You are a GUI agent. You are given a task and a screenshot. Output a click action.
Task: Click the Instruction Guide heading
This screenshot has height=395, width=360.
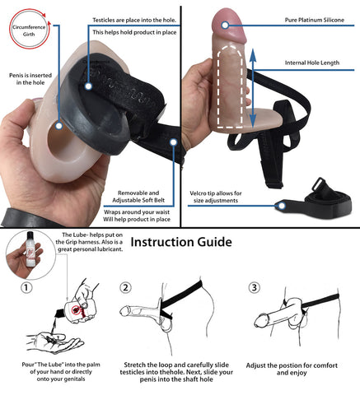coord(181,242)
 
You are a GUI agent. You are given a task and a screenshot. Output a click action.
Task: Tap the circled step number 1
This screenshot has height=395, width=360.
coord(26,288)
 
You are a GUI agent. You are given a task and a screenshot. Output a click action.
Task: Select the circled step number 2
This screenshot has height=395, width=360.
coord(125,288)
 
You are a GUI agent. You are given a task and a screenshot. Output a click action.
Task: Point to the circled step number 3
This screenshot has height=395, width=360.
coord(255,288)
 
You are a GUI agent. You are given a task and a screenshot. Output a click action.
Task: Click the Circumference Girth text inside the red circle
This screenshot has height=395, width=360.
coord(29,30)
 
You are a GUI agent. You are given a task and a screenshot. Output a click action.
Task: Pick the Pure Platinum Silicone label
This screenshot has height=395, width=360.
coord(315,20)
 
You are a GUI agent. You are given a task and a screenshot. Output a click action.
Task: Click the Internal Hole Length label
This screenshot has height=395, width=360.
coord(312,63)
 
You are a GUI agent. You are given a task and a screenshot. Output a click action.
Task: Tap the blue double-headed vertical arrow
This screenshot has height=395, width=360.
coord(253,88)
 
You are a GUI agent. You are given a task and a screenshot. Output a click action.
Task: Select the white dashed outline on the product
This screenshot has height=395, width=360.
coord(230,86)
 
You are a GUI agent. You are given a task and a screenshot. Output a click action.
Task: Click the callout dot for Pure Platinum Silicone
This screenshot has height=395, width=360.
coord(225,26)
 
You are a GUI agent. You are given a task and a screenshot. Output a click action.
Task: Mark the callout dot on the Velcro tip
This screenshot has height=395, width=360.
coord(282,206)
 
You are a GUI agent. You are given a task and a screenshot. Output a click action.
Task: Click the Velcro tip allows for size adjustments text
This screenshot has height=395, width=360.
coord(216,197)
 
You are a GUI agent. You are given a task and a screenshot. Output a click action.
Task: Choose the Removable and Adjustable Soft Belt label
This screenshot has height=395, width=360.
coord(138,197)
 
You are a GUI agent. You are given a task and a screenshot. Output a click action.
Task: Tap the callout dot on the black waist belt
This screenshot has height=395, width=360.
coord(173,142)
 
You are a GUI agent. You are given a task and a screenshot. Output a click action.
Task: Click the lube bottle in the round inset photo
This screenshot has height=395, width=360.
coord(30,249)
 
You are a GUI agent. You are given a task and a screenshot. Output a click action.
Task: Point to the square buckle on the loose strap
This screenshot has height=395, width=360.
coord(320,184)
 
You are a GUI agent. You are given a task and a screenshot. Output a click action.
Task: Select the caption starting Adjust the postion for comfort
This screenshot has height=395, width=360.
coord(292,369)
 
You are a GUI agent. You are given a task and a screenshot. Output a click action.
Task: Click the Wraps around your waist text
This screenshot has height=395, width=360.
coord(137,212)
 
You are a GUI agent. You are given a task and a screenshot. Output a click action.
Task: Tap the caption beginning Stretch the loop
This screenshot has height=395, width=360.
coord(176,372)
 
